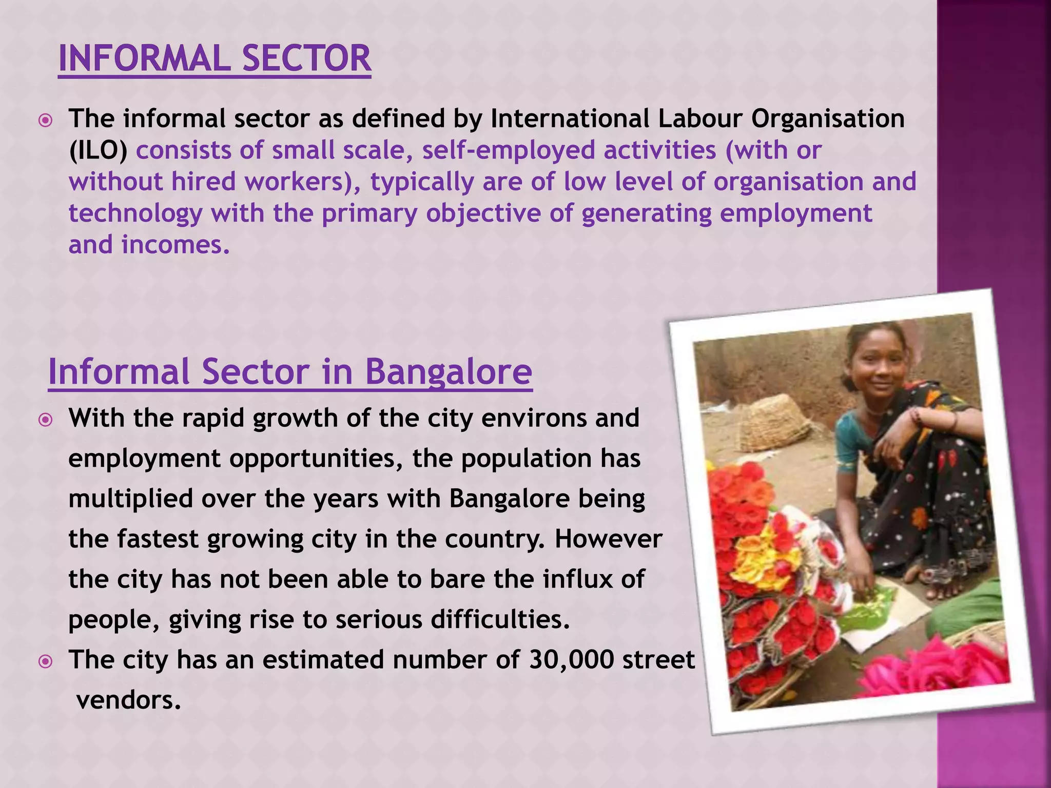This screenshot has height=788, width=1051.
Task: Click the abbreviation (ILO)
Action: click(98, 150)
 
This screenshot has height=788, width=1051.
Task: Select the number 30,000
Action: click(571, 660)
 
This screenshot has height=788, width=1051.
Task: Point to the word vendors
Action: click(129, 700)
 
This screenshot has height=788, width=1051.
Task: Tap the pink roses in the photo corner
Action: click(939, 667)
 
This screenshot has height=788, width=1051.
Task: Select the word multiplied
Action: click(130, 499)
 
